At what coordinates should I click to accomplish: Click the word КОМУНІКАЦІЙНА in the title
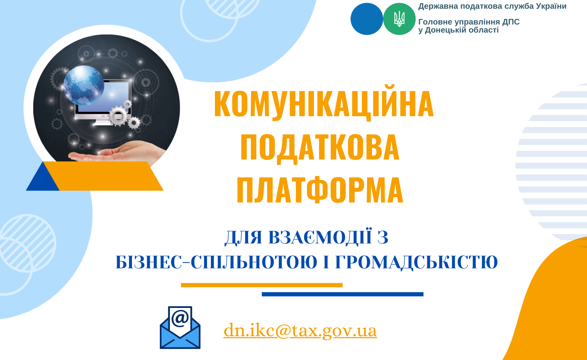point(324,103)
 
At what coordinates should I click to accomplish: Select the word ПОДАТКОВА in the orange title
point(320,147)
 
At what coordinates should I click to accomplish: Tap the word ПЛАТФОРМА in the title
point(320,190)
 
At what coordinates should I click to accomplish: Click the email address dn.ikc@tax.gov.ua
point(300,330)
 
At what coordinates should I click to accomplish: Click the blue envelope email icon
point(180,327)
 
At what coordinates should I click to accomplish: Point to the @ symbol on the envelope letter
point(180,318)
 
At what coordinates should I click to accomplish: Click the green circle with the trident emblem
point(399,19)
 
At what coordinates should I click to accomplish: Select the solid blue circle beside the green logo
point(367,19)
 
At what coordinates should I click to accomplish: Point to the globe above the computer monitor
point(84,85)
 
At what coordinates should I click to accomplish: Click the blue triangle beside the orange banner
point(43,178)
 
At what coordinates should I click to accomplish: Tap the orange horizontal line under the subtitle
point(262,285)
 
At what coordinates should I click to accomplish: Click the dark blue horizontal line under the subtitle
point(343,294)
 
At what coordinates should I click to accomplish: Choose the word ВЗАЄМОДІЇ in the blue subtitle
point(320,237)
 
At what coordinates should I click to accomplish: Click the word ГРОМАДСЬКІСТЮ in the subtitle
point(416,262)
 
